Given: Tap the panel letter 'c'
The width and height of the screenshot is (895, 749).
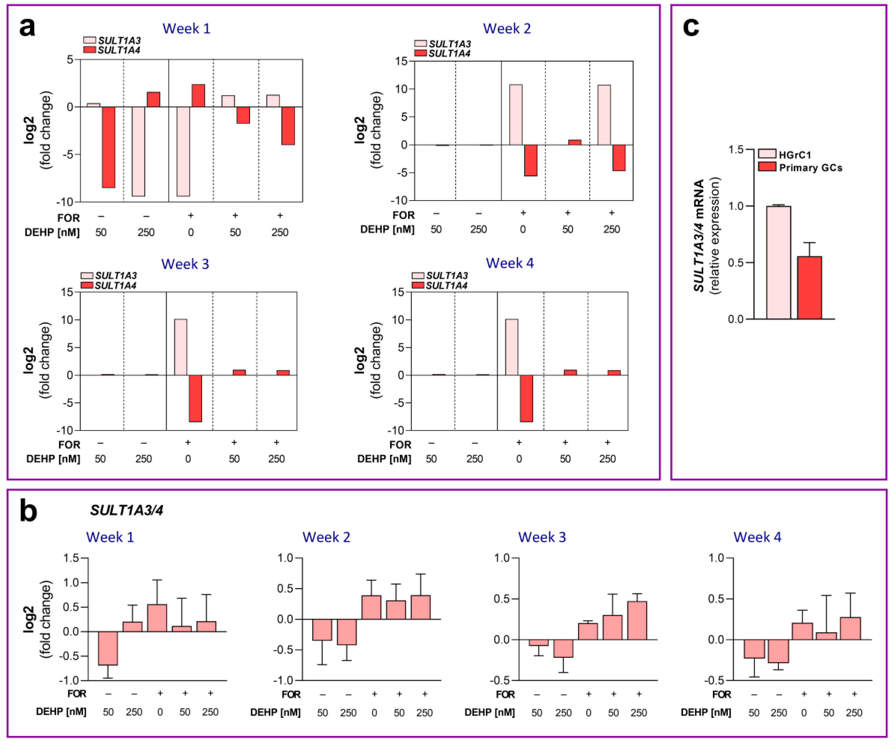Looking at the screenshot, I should pos(691,27).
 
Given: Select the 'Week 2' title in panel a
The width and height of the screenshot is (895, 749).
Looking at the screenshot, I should pos(507,29).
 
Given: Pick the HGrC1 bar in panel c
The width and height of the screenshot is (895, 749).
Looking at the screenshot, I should pos(778,262).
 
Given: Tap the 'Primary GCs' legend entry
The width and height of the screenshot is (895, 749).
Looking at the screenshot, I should pos(810,168).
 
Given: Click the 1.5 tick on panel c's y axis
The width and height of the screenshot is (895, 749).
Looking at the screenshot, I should pos(736,150).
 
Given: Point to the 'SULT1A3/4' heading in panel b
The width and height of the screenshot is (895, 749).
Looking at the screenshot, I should pos(127,510).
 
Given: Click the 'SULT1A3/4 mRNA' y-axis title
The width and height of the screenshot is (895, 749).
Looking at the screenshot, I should pos(699,236).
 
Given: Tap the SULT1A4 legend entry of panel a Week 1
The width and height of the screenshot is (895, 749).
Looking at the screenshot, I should pos(118,50).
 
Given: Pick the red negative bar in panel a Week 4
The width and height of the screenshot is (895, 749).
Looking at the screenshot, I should pos(526,398).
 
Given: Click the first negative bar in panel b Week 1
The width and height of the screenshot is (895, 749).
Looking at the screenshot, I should pos(108,648).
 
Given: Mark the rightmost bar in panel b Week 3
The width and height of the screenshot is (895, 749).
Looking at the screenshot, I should pos(637,620).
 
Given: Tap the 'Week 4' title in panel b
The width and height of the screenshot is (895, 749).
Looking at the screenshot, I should pos(757,537).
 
